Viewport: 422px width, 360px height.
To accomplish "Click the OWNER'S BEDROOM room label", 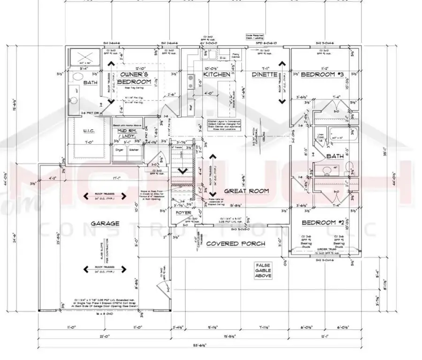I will [135, 78].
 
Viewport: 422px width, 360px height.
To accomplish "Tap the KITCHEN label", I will [216, 75].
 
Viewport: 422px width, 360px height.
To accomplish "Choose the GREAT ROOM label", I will [246, 191].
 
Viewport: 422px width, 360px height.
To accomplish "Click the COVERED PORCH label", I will [235, 244].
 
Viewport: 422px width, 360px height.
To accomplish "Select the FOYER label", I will [182, 213].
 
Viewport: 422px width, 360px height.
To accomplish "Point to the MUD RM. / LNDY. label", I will [126, 134].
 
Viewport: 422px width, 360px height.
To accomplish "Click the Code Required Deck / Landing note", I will [257, 37].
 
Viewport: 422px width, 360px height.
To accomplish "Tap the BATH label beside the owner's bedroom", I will [90, 83].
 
